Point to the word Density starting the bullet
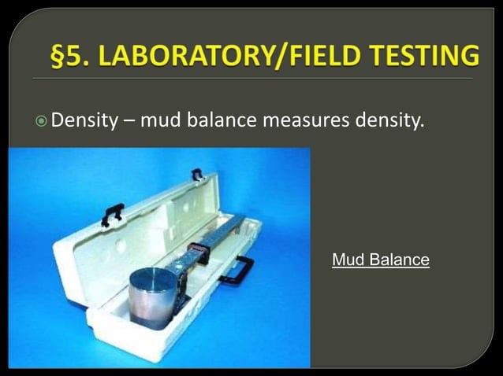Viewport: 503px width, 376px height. point(84,123)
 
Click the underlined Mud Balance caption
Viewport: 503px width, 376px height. point(381,260)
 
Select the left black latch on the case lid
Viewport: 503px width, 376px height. point(112,212)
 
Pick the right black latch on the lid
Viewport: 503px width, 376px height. point(196,174)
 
